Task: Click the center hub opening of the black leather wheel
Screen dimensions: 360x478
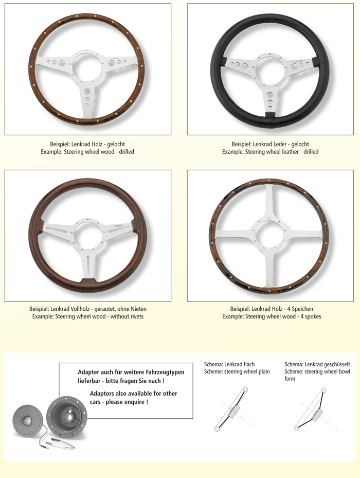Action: pos(270,67)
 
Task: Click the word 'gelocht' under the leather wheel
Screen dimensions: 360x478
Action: pos(300,144)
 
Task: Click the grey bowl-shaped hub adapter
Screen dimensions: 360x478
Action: pos(67,417)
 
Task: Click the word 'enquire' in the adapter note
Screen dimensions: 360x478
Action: pos(134,402)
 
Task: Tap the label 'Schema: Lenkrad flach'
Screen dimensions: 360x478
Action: pos(229,364)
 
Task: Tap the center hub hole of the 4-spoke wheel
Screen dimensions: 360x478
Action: pos(269,233)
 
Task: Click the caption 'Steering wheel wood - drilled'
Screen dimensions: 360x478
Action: pos(99,152)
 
